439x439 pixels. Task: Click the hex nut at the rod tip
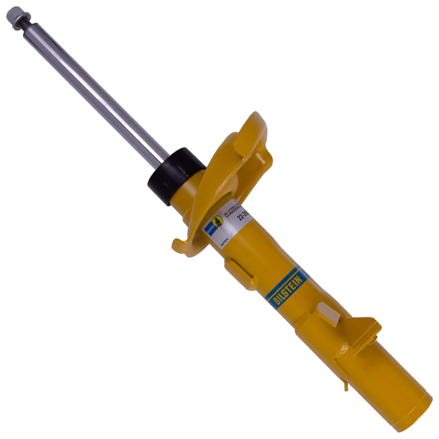click(14, 15)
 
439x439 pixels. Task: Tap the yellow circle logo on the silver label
click(217, 221)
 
